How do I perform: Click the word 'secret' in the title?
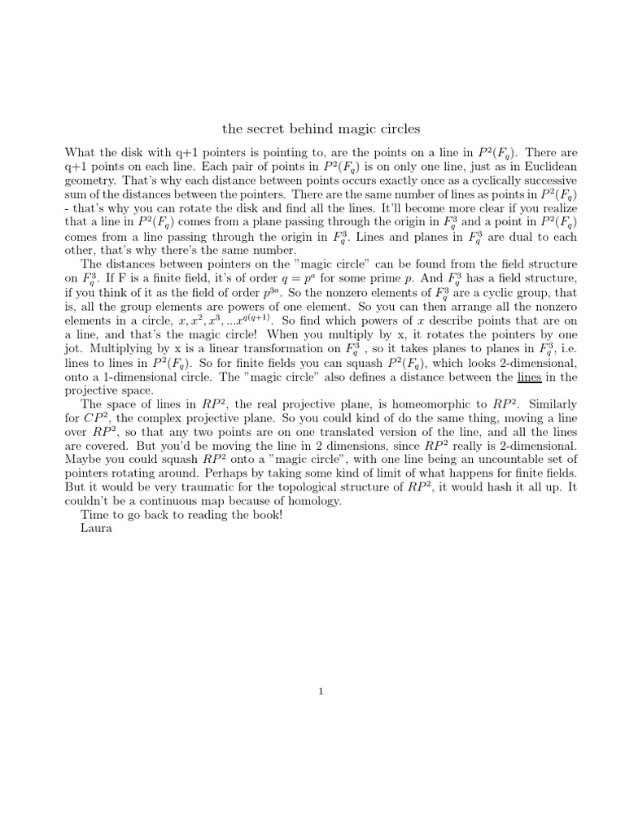[x=265, y=129]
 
